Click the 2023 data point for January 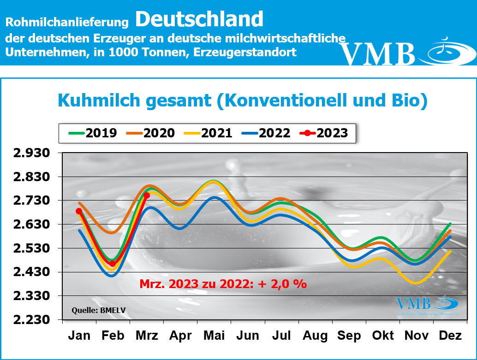[79, 211]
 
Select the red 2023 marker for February [113, 264]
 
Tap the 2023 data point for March [147, 195]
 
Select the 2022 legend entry [265, 133]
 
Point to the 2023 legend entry [322, 133]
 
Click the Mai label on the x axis [214, 336]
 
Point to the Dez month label [450, 336]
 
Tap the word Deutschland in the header [199, 19]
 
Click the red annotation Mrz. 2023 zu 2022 [223, 283]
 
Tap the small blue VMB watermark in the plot [427, 304]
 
